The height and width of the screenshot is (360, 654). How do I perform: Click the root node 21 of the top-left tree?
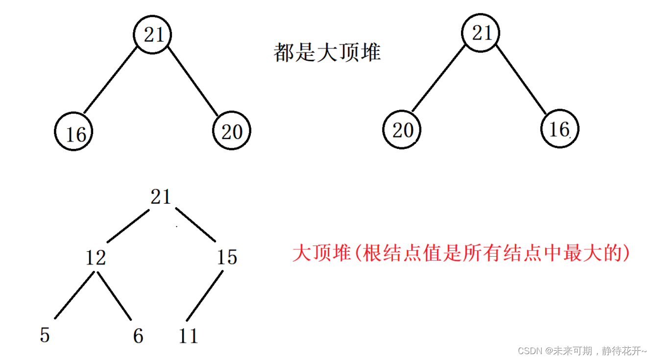153,35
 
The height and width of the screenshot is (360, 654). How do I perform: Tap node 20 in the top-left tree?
232,131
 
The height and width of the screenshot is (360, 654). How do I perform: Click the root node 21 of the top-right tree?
481,33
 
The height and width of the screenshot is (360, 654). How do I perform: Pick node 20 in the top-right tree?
402,130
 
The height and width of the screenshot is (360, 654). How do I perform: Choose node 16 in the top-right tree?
560,129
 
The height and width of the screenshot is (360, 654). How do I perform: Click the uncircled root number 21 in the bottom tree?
161,197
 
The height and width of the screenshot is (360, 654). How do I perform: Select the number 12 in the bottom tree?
95,258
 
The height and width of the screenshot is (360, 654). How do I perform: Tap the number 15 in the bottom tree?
226,257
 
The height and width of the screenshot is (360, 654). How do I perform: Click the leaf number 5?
45,335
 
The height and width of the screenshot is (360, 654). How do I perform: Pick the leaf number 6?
138,336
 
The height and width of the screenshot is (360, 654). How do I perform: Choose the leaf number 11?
188,336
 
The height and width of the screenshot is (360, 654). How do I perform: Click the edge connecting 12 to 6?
114,296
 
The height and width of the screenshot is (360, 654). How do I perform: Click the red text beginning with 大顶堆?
460,254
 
